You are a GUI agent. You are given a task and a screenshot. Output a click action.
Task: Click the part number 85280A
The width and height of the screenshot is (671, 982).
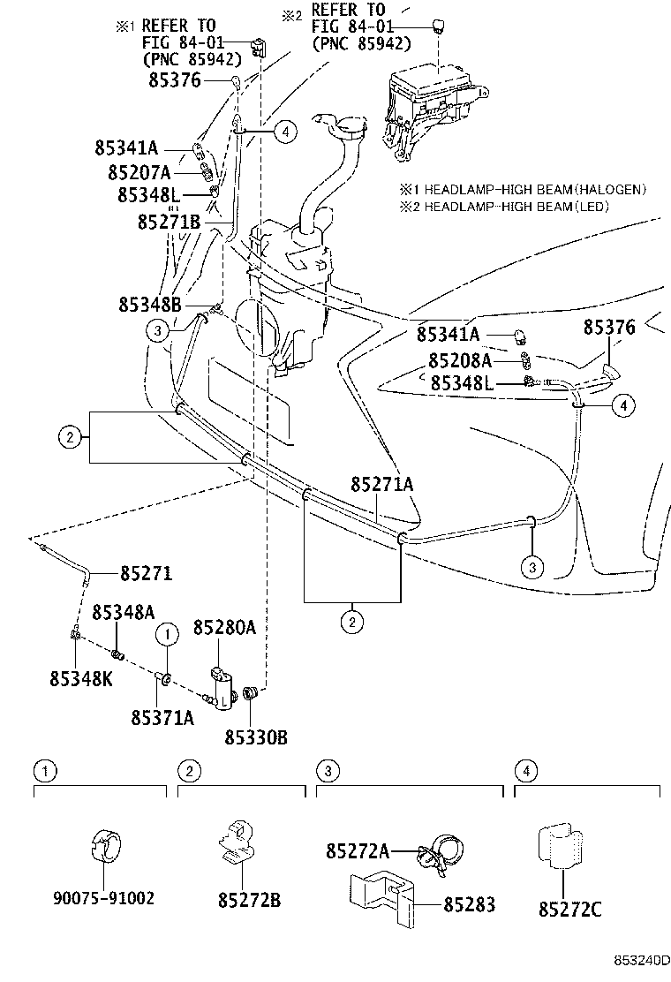[x=224, y=627]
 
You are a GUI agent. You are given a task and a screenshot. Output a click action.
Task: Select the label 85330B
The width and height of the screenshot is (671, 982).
[x=256, y=737]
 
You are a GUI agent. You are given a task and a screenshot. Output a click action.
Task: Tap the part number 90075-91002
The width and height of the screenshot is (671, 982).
[x=103, y=898]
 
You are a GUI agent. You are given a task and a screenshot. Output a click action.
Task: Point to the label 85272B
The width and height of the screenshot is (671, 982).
[x=249, y=900]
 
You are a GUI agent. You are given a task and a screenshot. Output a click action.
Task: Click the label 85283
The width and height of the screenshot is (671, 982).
[x=470, y=903]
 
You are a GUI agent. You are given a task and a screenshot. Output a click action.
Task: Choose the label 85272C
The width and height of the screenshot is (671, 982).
[x=570, y=909]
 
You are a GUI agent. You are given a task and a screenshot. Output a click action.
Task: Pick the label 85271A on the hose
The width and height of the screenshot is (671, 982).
[x=381, y=484]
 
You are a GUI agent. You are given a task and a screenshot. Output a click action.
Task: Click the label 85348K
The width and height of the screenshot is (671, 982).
[x=81, y=677]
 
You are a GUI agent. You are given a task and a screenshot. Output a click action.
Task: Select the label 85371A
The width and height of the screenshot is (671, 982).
[x=162, y=717]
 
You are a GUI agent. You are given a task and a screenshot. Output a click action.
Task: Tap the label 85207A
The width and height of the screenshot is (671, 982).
[x=139, y=171]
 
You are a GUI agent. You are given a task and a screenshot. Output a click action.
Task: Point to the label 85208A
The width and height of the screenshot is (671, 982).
[x=460, y=360]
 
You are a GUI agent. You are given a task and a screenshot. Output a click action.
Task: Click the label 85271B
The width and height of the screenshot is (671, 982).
[x=169, y=222]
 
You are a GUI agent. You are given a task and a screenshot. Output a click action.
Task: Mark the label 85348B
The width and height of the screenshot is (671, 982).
[x=149, y=305]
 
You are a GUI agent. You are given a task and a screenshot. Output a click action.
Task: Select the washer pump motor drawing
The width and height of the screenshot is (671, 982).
[x=222, y=689]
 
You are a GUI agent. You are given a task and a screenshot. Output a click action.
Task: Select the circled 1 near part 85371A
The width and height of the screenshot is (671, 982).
[x=167, y=634]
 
